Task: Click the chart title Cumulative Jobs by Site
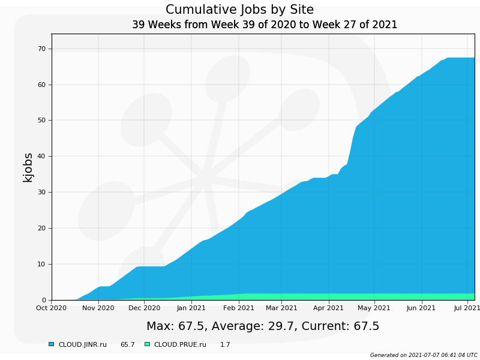239,10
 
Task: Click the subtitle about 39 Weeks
265,25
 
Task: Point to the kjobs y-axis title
28,167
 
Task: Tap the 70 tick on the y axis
41,49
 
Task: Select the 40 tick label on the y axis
41,157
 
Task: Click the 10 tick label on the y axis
41,264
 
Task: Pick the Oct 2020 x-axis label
52,308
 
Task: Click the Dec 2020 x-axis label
144,308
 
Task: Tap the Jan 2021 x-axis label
191,308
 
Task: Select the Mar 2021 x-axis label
281,308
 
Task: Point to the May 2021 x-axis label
374,308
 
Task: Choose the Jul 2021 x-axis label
466,308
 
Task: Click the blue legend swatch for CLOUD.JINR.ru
51,344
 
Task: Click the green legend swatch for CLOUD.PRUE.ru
147,344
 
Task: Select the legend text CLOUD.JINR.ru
82,345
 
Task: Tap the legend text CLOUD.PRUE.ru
180,345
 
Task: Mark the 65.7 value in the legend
127,345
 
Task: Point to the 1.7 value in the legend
225,345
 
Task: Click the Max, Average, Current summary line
263,326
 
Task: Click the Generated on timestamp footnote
424,355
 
